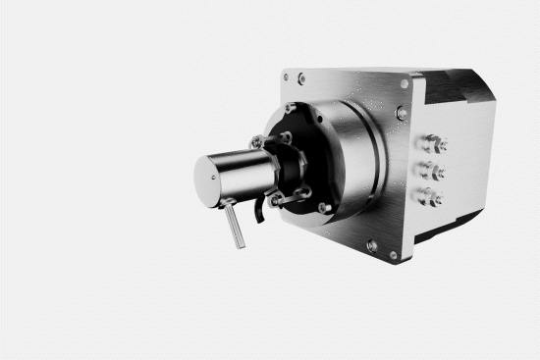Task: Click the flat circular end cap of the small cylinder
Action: [211, 179]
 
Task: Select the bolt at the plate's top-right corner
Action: [404, 85]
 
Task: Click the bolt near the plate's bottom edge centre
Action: [370, 245]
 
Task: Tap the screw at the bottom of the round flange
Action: [325, 208]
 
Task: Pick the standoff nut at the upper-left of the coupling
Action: [257, 143]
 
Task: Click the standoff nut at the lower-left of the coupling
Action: [278, 200]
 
